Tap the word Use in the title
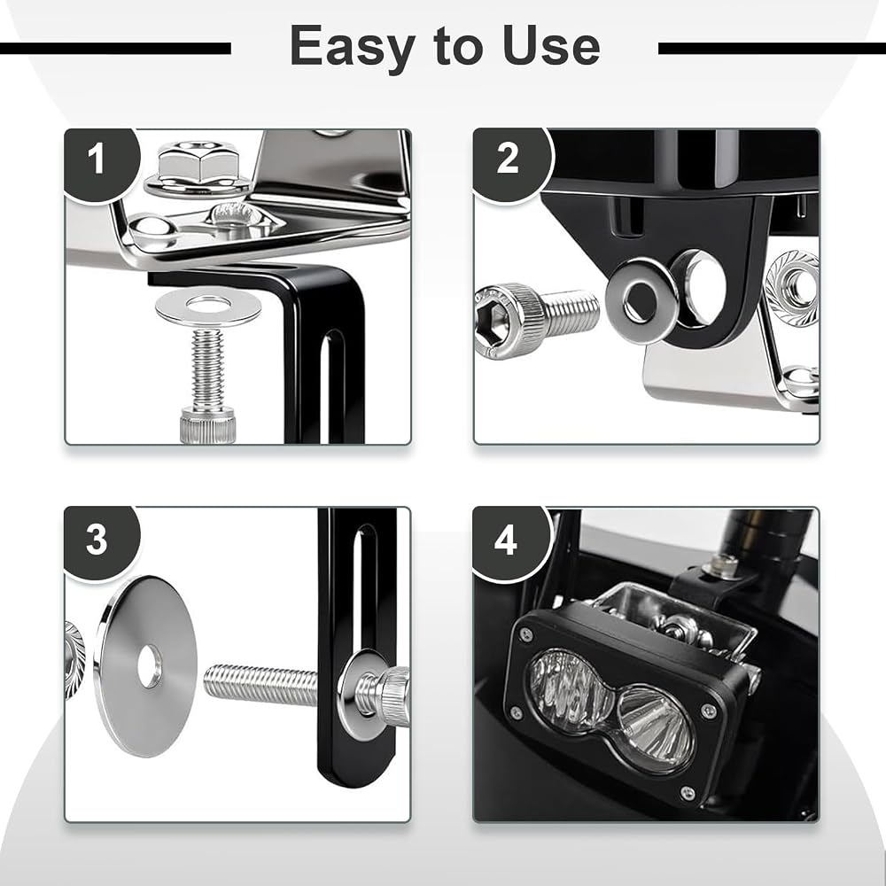[x=551, y=46]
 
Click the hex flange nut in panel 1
[x=198, y=169]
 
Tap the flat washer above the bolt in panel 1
[x=208, y=306]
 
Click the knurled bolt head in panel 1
[x=207, y=425]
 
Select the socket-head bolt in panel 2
[x=536, y=321]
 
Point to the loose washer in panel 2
[x=641, y=299]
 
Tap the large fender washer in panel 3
[x=146, y=666]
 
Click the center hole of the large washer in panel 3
[x=149, y=667]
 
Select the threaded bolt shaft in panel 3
[x=260, y=685]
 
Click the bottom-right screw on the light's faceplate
[x=688, y=793]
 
